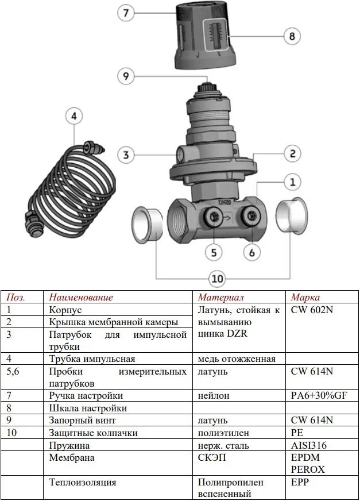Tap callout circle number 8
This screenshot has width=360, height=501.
tap(292, 36)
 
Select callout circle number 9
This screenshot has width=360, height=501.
tap(127, 76)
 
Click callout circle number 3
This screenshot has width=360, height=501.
tap(127, 155)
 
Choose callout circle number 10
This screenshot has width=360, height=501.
tap(216, 279)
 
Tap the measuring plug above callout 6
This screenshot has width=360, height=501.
tap(251, 217)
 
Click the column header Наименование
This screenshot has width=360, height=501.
tap(81, 297)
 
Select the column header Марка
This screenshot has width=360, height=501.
tap(305, 297)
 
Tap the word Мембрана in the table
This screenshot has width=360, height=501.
tap(72, 458)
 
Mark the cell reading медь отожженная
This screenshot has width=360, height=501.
tap(237, 359)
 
